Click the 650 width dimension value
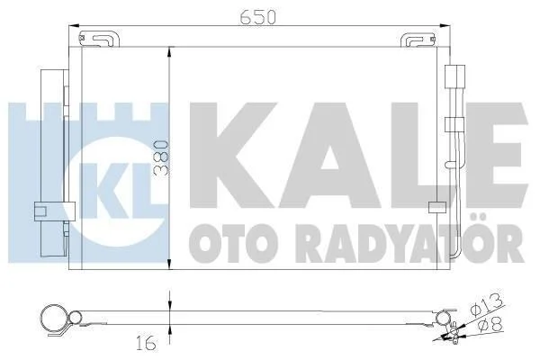click(x=258, y=16)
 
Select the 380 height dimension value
click(x=161, y=158)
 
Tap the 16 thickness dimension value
click(x=146, y=344)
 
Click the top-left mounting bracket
click(x=99, y=39)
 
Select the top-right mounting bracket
click(x=418, y=39)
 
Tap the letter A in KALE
click(x=331, y=156)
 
